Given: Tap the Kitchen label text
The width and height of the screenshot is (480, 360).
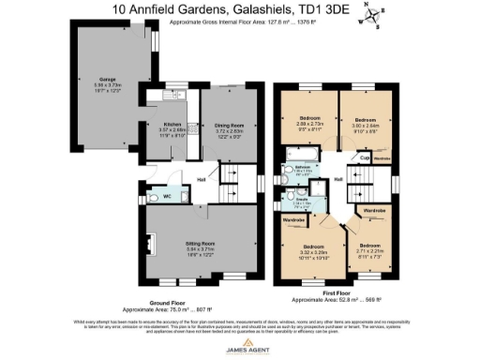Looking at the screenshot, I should coord(172,124).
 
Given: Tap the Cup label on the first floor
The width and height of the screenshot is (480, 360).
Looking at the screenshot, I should coord(364,157).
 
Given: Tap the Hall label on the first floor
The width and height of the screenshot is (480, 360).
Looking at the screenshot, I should coord(337,178).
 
